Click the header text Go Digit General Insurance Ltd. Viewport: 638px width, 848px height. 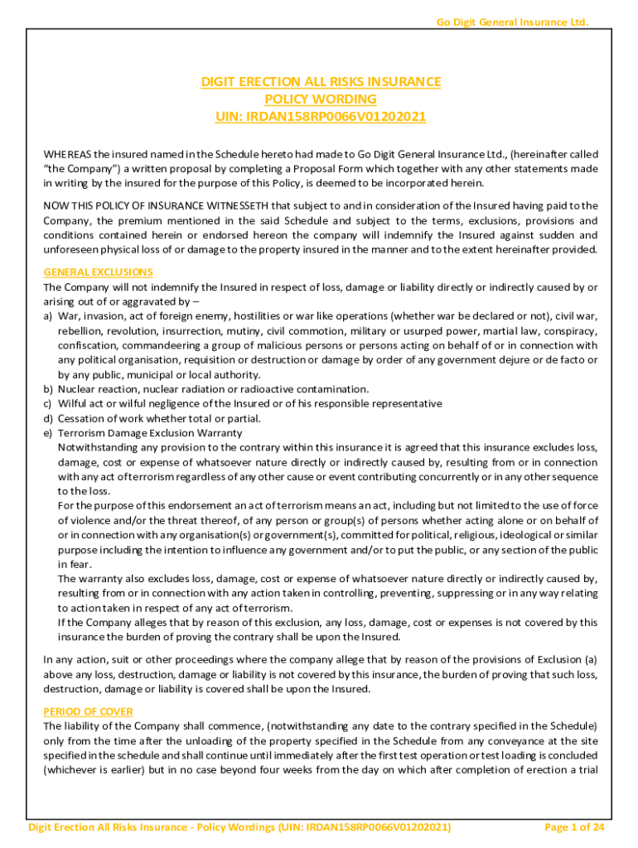512,22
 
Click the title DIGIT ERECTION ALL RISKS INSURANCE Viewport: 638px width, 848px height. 321,82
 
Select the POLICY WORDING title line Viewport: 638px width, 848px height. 321,99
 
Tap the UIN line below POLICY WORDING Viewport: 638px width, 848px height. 321,116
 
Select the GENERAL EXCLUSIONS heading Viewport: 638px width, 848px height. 98,272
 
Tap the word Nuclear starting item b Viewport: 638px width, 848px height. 78,389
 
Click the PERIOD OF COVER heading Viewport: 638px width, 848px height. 88,711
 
